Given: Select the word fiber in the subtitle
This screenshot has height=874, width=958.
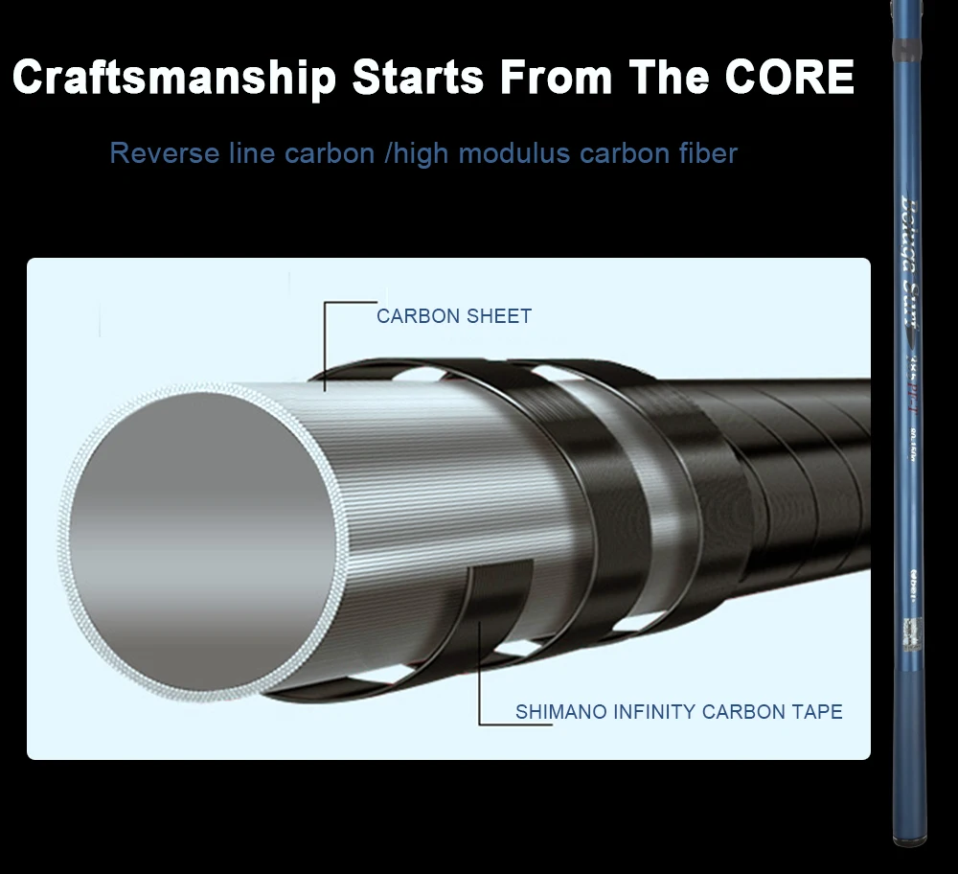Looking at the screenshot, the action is [x=708, y=153].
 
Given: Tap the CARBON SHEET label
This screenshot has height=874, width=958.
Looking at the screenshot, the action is [x=453, y=316].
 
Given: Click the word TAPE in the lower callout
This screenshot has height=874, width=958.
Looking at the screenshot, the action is [x=818, y=712].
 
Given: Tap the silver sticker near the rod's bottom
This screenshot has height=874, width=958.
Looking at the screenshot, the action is [x=911, y=628].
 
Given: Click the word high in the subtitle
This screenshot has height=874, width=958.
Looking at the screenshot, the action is [x=422, y=153].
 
